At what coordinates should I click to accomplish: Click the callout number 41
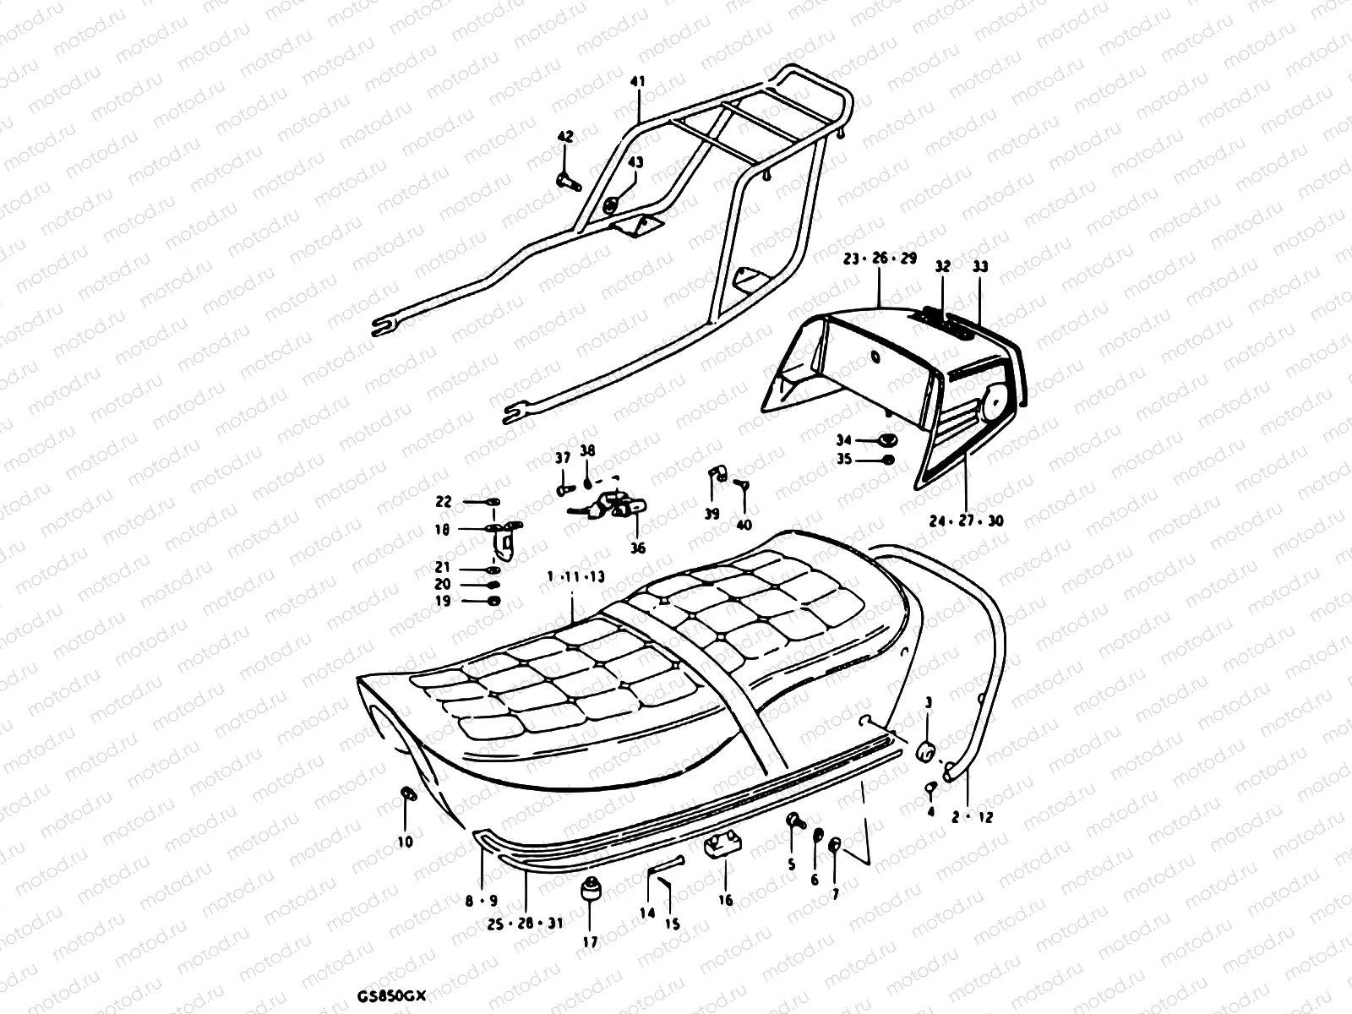(637, 82)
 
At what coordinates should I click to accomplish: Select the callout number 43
(635, 162)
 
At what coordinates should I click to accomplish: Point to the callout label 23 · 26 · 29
(880, 259)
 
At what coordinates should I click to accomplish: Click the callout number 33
(980, 266)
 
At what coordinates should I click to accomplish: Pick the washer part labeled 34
(887, 439)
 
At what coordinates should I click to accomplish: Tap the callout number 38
(587, 450)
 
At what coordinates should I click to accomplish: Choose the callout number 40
(744, 525)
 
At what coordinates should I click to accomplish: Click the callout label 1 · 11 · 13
(575, 576)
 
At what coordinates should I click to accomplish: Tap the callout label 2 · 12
(973, 818)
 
